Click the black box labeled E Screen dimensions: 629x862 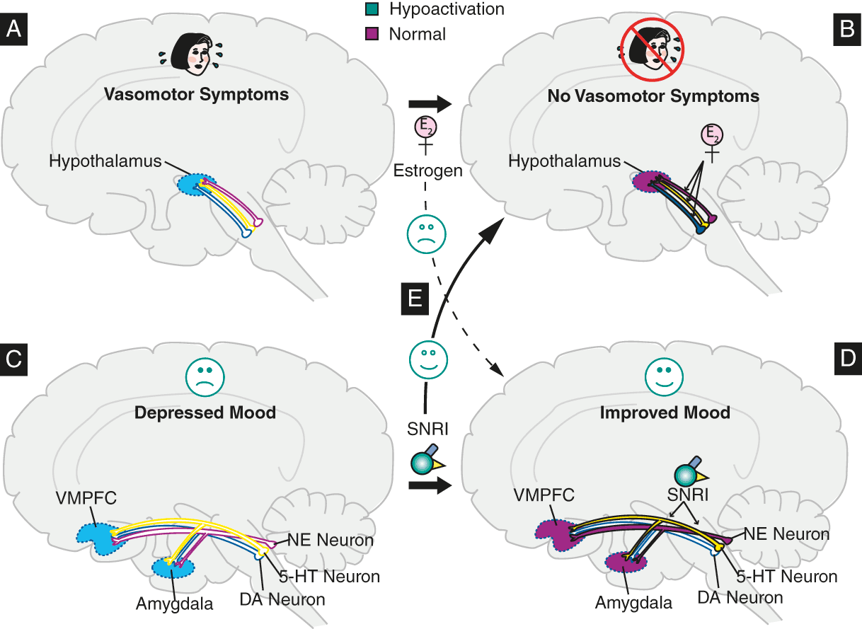pos(413,299)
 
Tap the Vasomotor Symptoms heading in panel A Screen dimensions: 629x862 pos(196,94)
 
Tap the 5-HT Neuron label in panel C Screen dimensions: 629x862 pos(335,577)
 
